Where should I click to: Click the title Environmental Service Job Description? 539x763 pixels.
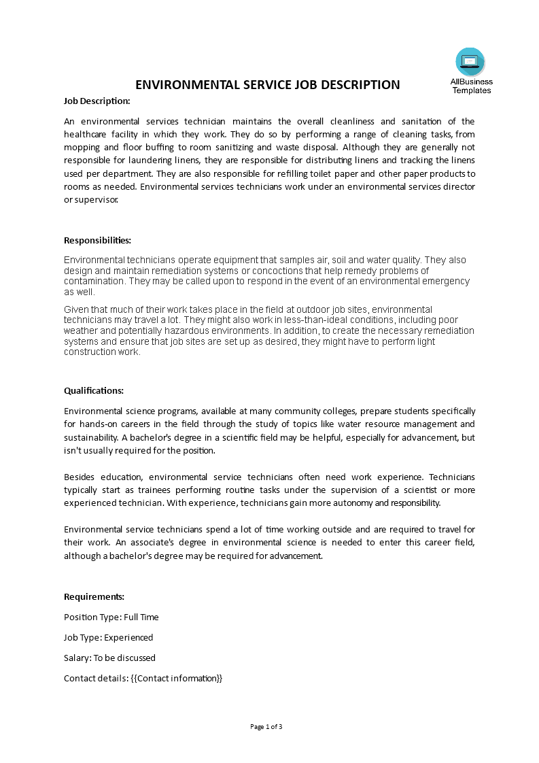tap(268, 85)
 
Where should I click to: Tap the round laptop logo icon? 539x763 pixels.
tap(470, 62)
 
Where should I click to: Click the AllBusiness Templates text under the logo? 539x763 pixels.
tap(471, 86)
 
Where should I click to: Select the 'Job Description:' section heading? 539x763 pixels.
tap(97, 101)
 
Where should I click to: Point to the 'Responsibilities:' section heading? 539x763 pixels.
tap(97, 240)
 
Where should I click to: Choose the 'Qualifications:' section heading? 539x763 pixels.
tap(94, 390)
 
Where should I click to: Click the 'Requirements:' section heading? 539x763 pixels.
tap(94, 596)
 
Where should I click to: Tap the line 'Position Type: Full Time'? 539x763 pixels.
tap(111, 617)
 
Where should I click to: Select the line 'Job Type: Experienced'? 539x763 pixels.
tap(108, 637)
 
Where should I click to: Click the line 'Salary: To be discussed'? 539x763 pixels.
tap(109, 658)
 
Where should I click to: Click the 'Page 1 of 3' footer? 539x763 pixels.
tap(266, 726)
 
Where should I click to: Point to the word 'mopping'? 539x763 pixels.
tap(82, 147)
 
